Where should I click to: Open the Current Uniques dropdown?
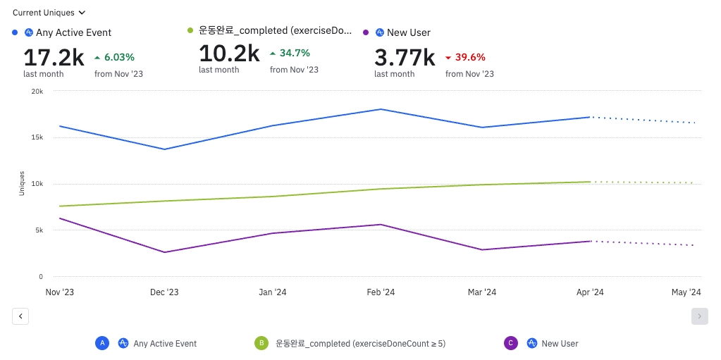point(49,13)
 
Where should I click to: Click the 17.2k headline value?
point(54,57)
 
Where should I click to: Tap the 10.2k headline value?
point(229,54)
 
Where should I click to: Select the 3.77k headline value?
point(405,57)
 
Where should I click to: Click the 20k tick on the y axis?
point(37,91)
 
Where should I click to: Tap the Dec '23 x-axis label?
point(165,292)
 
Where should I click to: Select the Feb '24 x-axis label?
point(381,292)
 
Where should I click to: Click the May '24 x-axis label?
point(686,292)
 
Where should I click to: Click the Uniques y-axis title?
point(22,183)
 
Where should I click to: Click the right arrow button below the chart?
point(699,316)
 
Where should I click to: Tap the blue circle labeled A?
point(103,343)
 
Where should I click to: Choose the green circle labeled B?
point(261,343)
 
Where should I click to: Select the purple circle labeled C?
point(512,343)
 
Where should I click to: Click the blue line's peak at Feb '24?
point(381,109)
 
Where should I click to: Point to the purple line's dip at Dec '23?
point(165,252)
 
